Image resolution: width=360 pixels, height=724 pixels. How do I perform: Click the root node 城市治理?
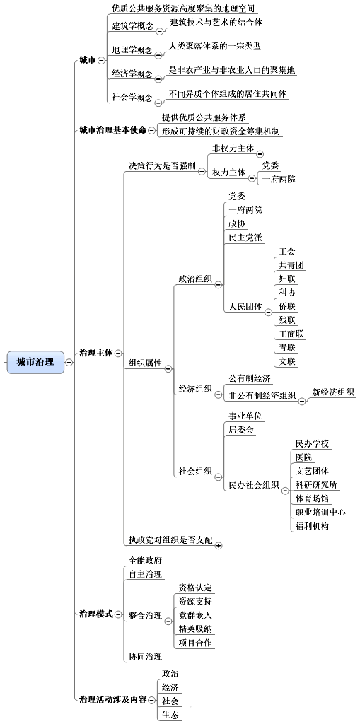pyautogui.click(x=35, y=361)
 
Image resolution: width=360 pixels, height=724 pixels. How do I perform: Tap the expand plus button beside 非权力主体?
pyautogui.click(x=260, y=153)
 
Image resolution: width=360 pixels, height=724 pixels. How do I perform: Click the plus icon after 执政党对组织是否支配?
pyautogui.click(x=219, y=545)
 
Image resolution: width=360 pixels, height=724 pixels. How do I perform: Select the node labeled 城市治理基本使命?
pyautogui.click(x=112, y=130)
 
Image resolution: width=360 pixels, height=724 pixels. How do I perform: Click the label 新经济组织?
pyautogui.click(x=333, y=392)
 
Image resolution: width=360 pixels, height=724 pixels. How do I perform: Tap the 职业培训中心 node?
pyautogui.click(x=320, y=512)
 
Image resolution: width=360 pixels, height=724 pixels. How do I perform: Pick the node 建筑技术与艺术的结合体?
pyautogui.click(x=216, y=22)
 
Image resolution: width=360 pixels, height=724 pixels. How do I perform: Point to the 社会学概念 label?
pyautogui.click(x=132, y=98)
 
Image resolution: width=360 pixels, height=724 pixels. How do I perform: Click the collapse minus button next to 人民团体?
pyautogui.click(x=269, y=313)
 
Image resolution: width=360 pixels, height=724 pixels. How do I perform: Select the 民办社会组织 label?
pyautogui.click(x=254, y=485)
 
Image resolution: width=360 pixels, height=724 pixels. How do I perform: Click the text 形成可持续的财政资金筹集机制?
pyautogui.click(x=221, y=131)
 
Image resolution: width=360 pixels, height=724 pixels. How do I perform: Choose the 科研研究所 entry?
pyautogui.click(x=317, y=484)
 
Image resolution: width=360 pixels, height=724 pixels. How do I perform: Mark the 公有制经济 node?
pyautogui.click(x=250, y=378)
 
